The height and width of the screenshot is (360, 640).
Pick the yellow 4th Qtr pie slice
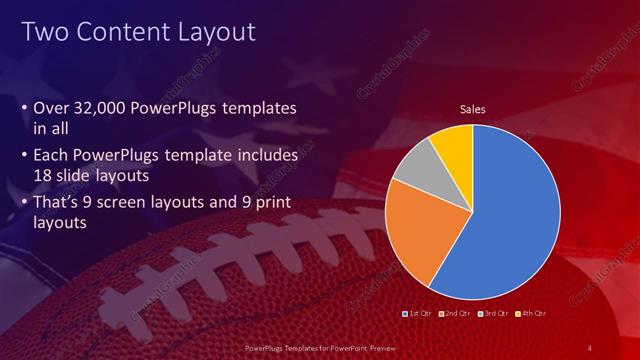pos(454,145)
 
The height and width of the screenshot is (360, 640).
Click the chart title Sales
pos(472,110)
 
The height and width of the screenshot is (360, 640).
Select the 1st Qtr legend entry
pos(416,314)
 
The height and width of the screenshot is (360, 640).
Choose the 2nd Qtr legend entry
pos(454,314)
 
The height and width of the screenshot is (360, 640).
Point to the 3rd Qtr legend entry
pos(493,314)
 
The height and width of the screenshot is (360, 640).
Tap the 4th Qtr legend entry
pos(531,314)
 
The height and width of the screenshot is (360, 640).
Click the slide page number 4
pos(591,346)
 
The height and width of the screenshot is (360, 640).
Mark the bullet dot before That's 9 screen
pos(24,203)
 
